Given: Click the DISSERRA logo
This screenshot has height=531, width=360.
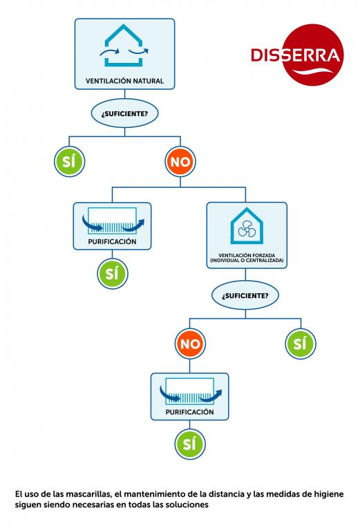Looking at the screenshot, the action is [297, 55].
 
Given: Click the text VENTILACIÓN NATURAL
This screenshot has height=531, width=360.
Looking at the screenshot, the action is [124, 81].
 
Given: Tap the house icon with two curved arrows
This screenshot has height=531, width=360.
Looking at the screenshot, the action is [124, 46].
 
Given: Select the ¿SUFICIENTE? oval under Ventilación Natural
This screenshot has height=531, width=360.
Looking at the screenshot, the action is [124, 113].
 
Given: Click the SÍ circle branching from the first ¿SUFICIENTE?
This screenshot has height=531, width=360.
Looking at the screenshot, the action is [69, 162].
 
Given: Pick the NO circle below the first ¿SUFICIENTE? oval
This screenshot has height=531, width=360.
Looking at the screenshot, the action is [180, 162].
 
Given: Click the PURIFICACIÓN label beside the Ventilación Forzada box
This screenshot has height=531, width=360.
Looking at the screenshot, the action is [112, 242].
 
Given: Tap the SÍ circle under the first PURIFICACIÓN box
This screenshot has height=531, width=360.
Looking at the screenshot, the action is [113, 274].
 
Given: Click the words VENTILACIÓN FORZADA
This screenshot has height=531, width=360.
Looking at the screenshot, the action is [247, 255].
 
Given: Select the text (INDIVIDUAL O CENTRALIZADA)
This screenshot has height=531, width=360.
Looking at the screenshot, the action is [247, 261].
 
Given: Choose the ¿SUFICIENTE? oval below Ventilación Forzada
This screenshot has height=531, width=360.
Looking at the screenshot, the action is [245, 295].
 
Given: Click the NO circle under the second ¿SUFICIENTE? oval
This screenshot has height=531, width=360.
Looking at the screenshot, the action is [190, 344].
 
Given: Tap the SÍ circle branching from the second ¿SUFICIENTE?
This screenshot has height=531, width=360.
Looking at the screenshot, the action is [301, 344].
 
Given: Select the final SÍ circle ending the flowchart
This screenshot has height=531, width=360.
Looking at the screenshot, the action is [190, 444].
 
